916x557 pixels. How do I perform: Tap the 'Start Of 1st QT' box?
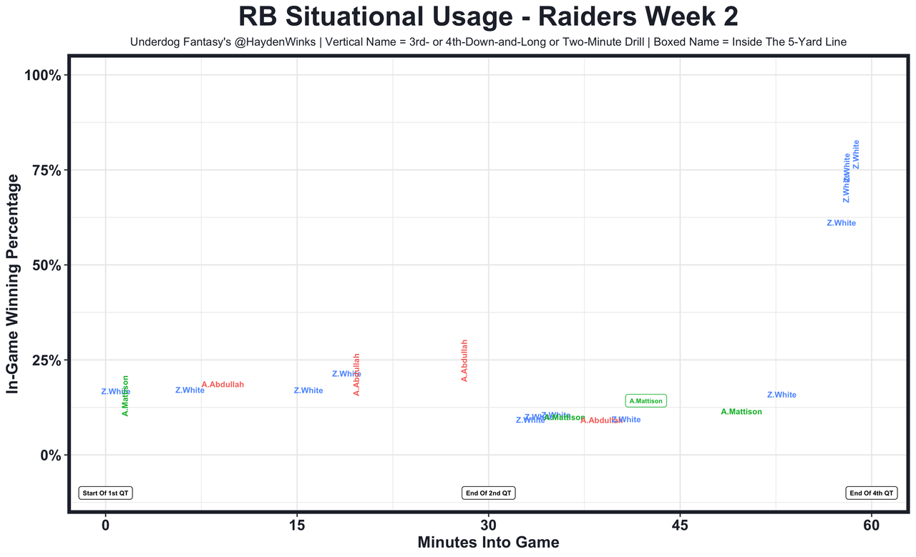(x=106, y=493)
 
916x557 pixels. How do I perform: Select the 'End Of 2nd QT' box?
(x=489, y=493)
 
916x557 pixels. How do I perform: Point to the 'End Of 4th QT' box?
(x=872, y=493)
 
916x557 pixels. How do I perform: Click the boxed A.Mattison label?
(x=646, y=401)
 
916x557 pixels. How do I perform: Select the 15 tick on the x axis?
(x=297, y=526)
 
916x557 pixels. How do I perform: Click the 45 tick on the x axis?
(x=680, y=526)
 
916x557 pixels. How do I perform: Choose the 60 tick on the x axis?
(x=872, y=526)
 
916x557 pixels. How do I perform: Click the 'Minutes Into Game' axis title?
(x=488, y=543)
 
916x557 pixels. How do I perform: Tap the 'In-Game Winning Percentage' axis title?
(x=12, y=284)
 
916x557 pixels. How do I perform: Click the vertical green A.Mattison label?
(x=126, y=395)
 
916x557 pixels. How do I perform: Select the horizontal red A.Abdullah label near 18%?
(x=223, y=385)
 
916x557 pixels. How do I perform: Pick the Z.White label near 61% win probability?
(x=841, y=223)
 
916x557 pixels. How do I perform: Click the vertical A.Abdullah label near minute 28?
(x=464, y=360)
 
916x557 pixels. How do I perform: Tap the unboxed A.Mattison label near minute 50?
(x=741, y=412)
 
